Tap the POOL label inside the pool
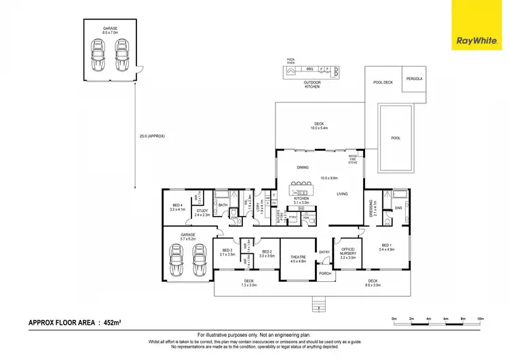(396, 138)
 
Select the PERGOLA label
(414, 79)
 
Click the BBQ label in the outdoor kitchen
(309, 69)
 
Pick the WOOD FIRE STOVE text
(353, 160)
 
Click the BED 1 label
(385, 245)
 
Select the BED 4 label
(177, 206)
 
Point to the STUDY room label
(202, 211)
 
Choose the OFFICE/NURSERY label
(347, 253)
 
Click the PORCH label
(325, 274)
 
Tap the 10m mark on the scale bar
(480, 319)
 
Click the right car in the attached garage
(200, 259)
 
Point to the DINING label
(303, 167)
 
